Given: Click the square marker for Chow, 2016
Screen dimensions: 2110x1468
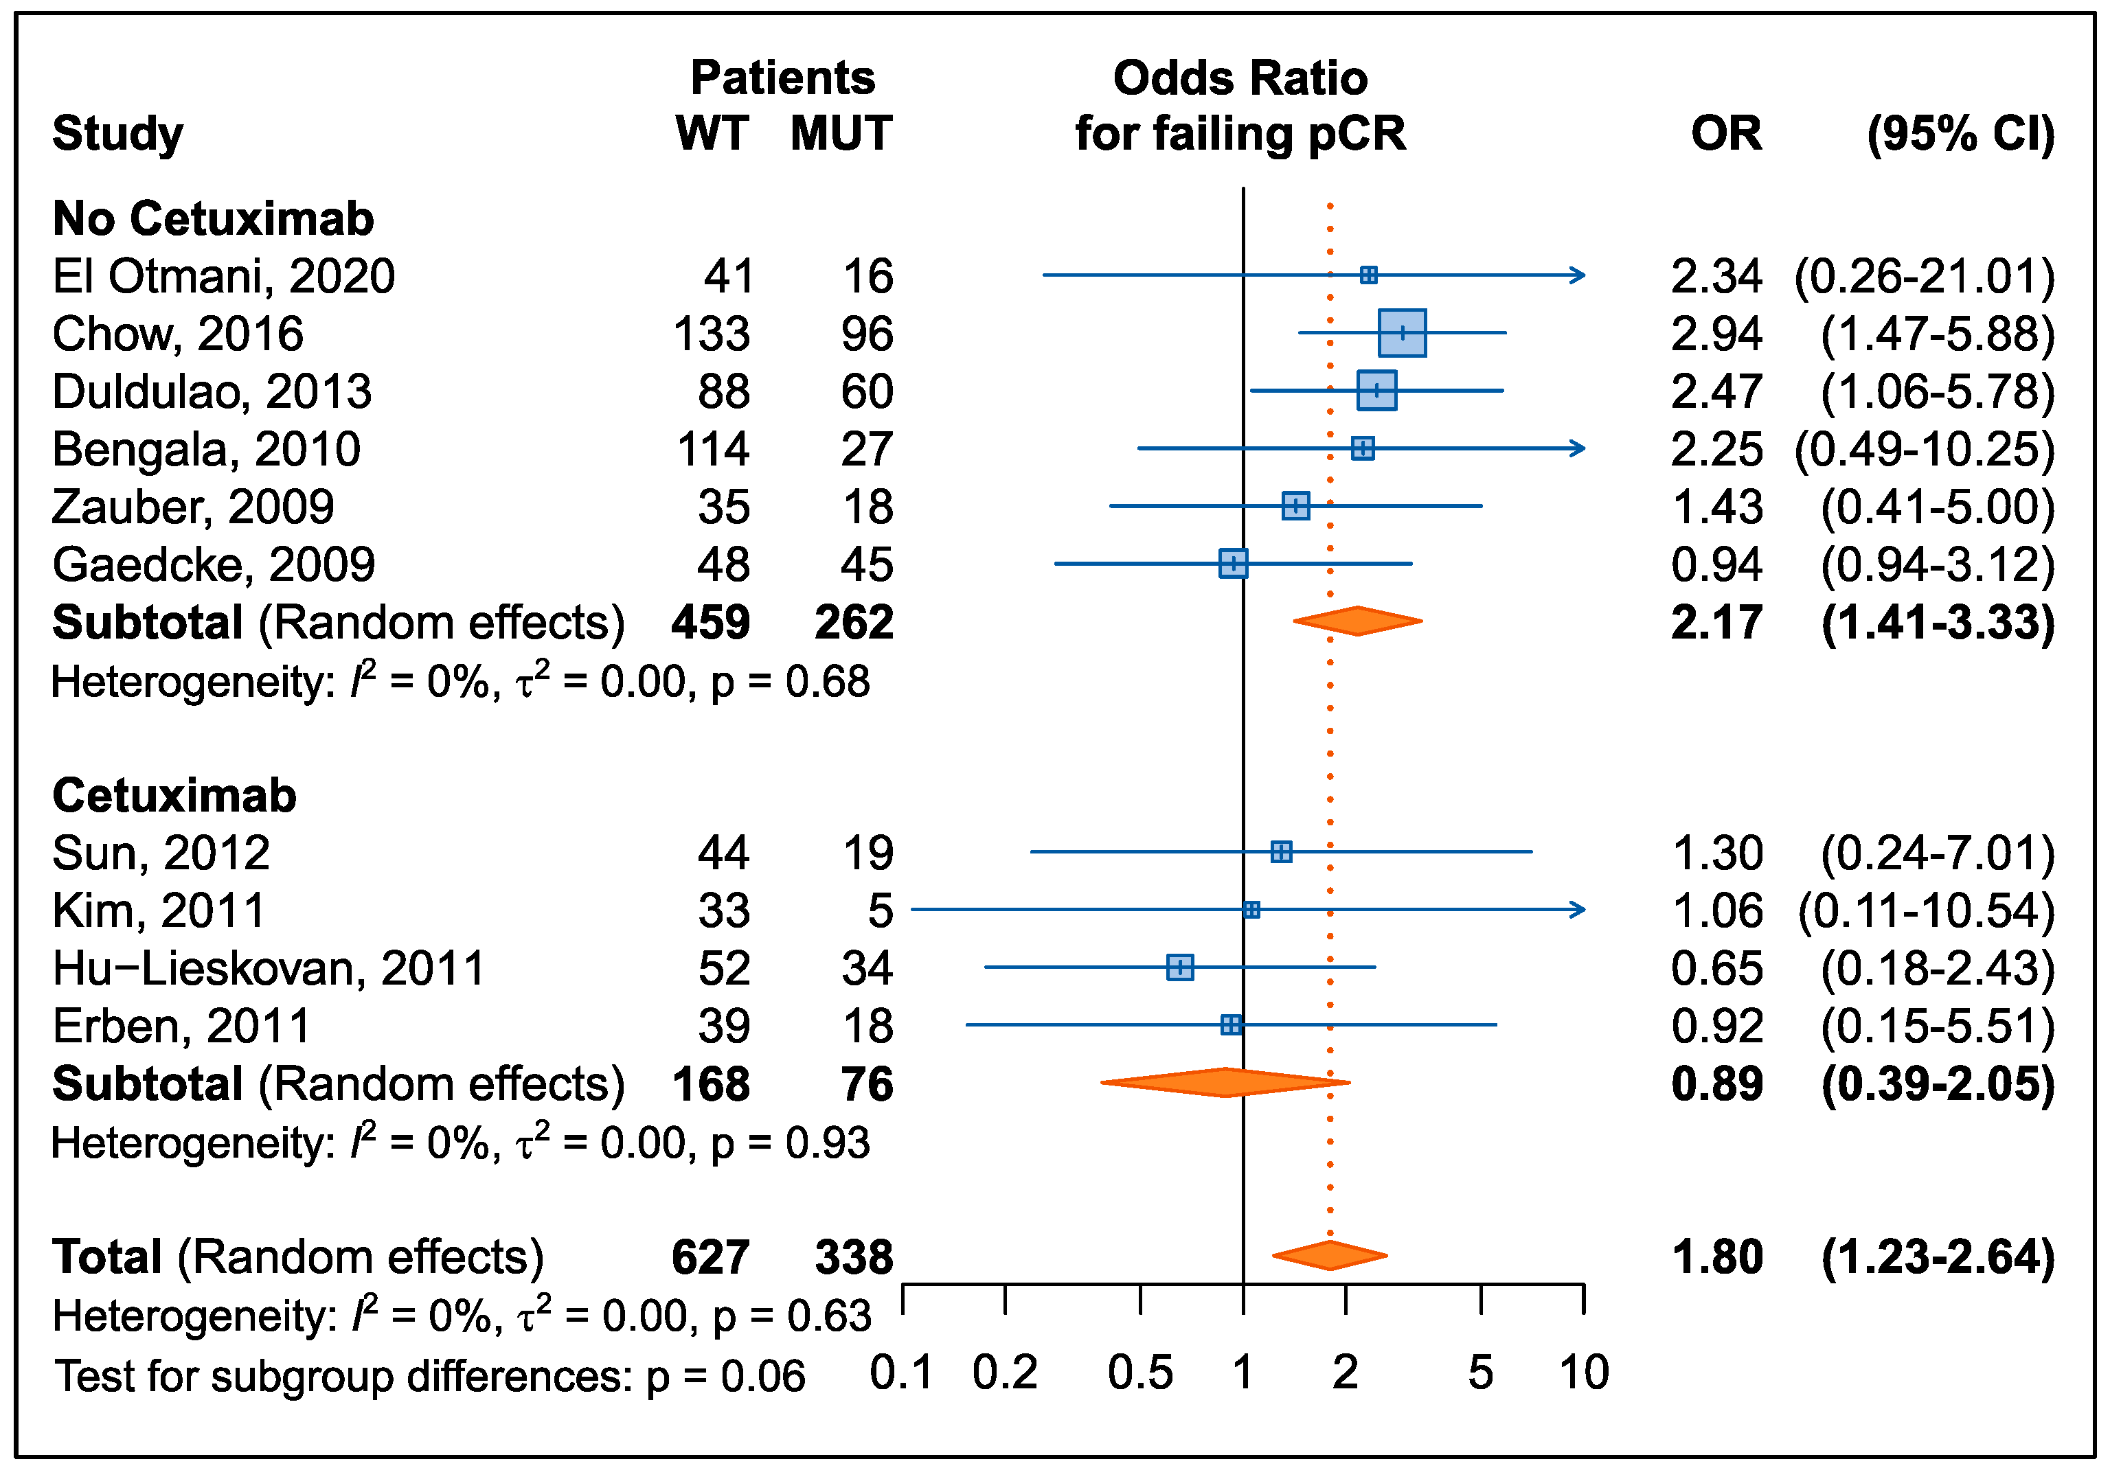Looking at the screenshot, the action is pos(1403,332).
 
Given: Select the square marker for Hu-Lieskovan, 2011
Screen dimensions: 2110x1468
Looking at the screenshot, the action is pos(1180,967).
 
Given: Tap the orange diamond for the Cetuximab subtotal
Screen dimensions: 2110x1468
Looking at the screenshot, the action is pos(1225,1082).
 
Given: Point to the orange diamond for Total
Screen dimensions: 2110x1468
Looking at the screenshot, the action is pos(1330,1255).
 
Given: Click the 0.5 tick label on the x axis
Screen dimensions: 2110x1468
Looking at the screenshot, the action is pos(1140,1373).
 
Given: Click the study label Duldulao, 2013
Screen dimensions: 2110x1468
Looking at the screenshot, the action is pos(212,391).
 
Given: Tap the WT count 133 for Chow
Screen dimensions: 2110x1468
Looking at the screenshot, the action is pos(712,334).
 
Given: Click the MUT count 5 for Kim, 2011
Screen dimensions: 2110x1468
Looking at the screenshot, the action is pos(881,910).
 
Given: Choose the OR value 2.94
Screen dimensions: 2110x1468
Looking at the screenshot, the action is pos(1716,334).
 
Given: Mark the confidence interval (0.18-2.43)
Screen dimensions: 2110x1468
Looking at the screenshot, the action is pos(1937,968).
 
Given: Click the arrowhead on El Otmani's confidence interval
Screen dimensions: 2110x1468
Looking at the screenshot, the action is pos(1577,275).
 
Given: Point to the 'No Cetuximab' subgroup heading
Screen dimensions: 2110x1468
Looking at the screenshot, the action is pos(213,218).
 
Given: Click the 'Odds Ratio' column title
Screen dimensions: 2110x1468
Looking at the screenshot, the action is pos(1240,78).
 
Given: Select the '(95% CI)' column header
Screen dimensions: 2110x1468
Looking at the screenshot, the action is pos(1961,134).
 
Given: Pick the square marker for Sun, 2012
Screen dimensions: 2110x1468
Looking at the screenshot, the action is pos(1281,851).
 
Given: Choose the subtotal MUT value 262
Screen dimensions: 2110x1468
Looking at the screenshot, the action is pos(854,622).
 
